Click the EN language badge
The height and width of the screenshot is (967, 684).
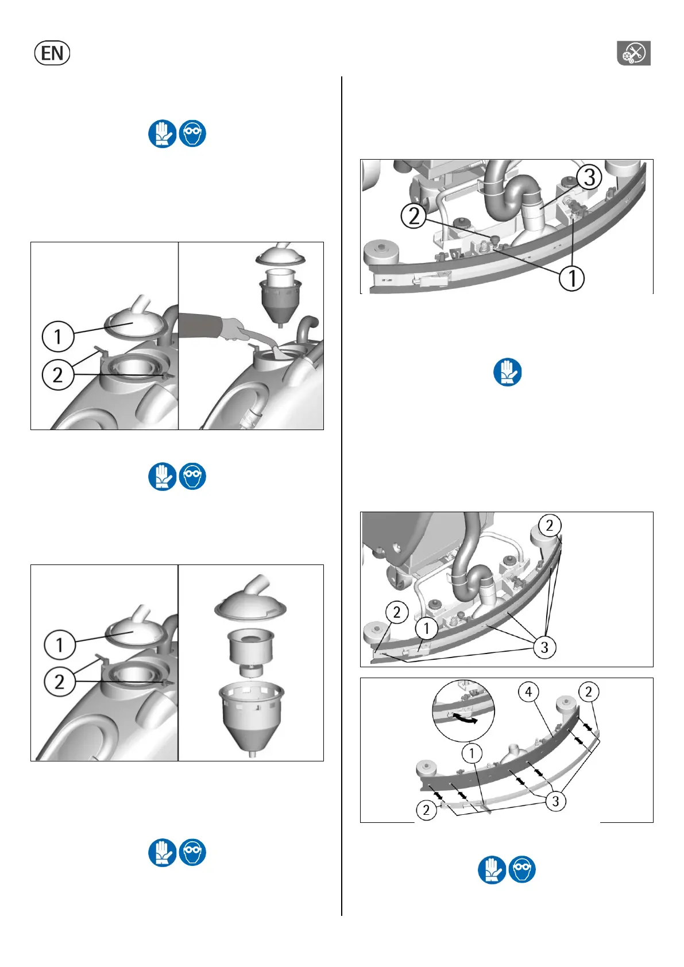coord(52,53)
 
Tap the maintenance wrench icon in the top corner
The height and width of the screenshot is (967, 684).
coord(633,53)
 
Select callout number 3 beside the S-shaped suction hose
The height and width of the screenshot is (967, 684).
coord(589,177)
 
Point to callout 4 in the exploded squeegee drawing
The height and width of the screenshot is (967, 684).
coord(528,692)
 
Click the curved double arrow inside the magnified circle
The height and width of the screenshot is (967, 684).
coord(463,718)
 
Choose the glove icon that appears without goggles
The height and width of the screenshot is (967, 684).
coord(507,372)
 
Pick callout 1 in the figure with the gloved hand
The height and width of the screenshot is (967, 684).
coord(58,336)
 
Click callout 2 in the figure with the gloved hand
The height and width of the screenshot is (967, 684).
coord(58,375)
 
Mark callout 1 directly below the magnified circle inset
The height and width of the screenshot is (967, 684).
coord(472,754)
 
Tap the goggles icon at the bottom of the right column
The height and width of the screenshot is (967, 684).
coord(522,869)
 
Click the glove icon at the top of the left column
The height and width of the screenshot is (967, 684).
coord(163,133)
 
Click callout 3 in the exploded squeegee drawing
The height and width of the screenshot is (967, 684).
coord(556,801)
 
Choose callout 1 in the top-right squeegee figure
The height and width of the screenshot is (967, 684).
coord(572,278)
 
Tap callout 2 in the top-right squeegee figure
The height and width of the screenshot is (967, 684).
coord(414,216)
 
